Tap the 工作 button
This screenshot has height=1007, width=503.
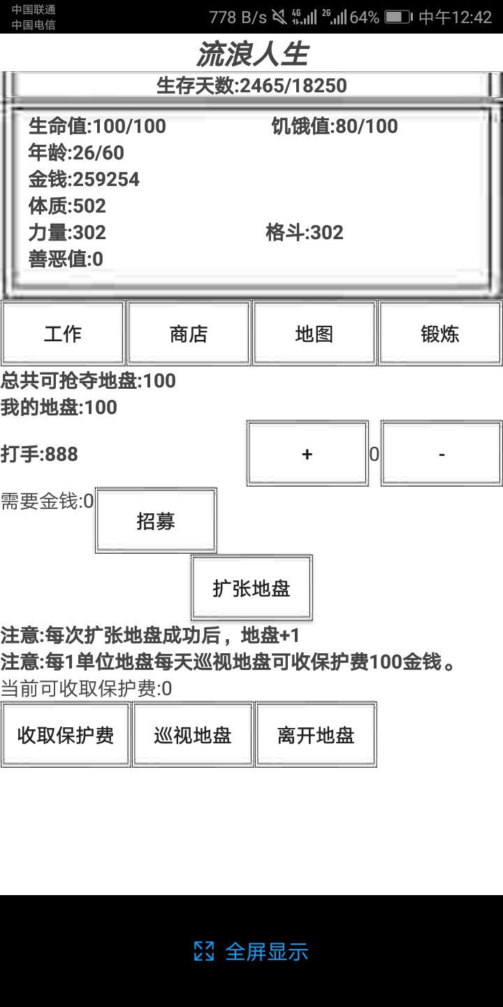tap(63, 333)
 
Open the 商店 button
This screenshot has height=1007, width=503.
tap(189, 333)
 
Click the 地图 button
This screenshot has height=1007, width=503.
tap(314, 333)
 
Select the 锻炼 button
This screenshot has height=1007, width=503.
tap(440, 333)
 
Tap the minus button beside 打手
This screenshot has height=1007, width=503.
tap(442, 454)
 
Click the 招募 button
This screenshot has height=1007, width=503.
tap(156, 520)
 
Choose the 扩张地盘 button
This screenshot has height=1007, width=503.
tap(251, 587)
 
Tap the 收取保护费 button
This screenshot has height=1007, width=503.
tap(66, 735)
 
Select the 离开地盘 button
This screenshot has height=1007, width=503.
tap(316, 735)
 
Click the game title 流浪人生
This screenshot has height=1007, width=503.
tap(252, 54)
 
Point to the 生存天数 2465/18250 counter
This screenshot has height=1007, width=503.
tap(251, 85)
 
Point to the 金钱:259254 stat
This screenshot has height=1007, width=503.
tap(84, 179)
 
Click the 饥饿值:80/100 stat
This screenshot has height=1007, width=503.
tap(335, 127)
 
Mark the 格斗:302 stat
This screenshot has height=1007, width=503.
tap(305, 232)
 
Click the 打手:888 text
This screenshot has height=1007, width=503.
tap(40, 454)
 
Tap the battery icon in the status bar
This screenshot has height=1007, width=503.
tap(398, 17)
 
